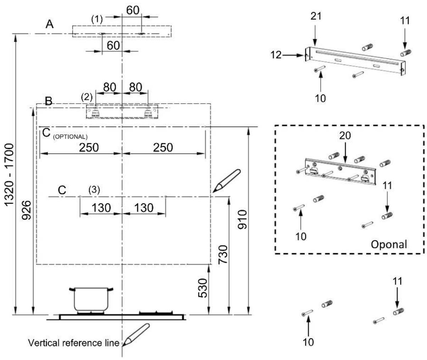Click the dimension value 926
point(27,210)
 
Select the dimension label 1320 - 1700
point(9,175)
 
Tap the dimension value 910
point(243,220)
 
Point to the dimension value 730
point(223,255)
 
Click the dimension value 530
point(203,288)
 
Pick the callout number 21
point(316,16)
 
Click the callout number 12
point(276,55)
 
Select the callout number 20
point(345,135)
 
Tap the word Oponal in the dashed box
point(389,245)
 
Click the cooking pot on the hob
point(91,299)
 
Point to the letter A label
point(50,24)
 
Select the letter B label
point(49,101)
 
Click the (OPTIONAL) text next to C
point(70,137)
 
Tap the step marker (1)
point(97,20)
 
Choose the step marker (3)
point(94,190)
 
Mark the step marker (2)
point(87,97)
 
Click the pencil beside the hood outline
point(226,181)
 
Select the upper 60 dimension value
point(133,10)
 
